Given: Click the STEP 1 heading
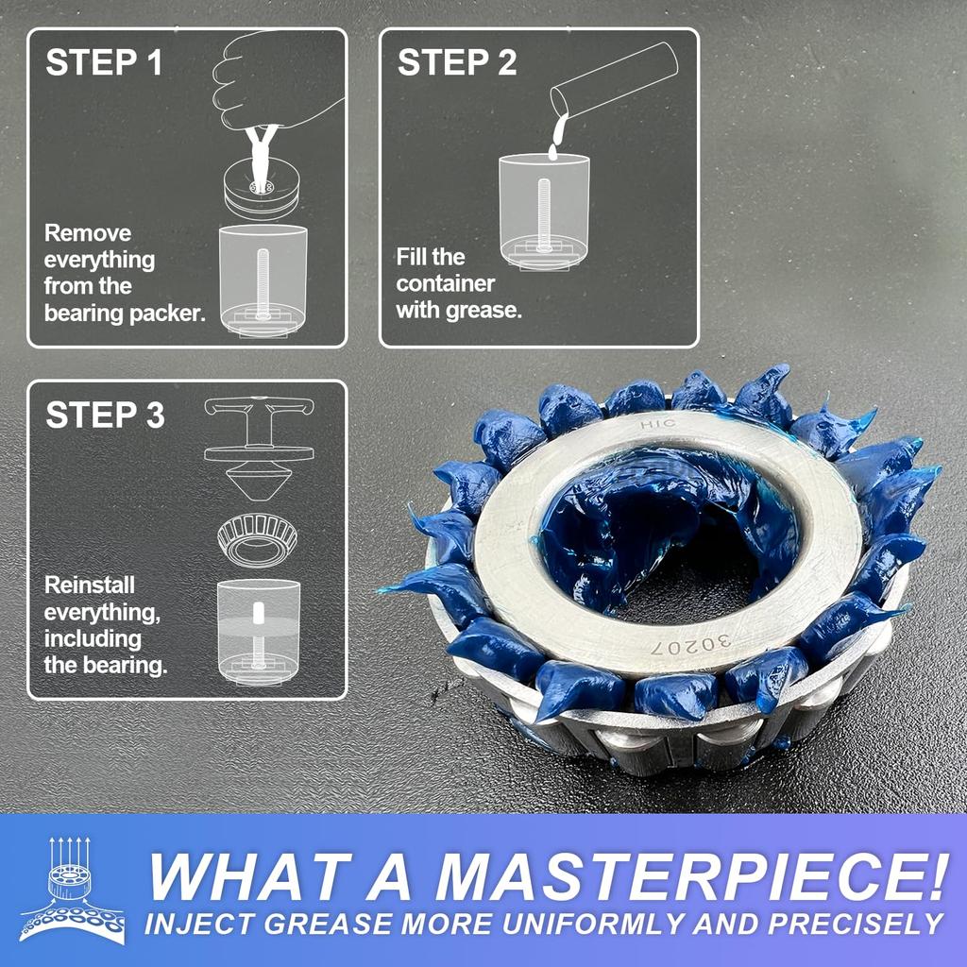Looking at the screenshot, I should pos(104,63).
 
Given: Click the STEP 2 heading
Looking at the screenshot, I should pos(457,63).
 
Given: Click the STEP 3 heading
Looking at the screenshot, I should pos(105,415).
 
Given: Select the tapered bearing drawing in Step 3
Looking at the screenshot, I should pos(258,539).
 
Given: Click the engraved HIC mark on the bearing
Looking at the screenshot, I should pos(652,425).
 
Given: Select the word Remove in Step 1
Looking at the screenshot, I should pos(88,233).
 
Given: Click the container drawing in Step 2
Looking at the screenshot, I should pos(544,212).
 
